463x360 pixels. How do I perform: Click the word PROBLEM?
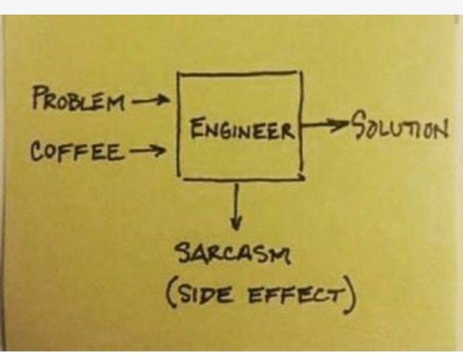[x=77, y=101]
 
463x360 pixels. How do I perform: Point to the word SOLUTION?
[x=399, y=125]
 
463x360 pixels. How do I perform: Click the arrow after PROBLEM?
[x=150, y=100]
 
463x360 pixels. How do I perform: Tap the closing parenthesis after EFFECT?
[x=351, y=298]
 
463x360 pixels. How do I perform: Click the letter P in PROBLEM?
[x=39, y=98]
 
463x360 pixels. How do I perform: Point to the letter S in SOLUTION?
[x=359, y=125]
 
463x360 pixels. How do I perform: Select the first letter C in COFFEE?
[x=37, y=151]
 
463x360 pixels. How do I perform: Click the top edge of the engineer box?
[x=238, y=72]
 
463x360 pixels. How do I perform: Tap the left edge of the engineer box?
[x=178, y=123]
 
